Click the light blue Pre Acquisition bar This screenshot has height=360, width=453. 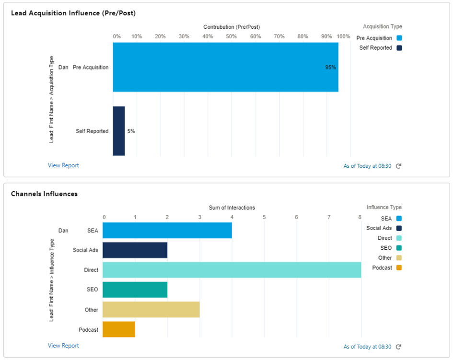[x=225, y=67]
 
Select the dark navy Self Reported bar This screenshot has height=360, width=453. [x=118, y=131]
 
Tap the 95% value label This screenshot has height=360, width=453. [x=330, y=68]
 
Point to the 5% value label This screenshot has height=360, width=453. [x=131, y=131]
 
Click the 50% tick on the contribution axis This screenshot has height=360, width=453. [x=232, y=36]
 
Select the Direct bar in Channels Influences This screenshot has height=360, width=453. [x=232, y=270]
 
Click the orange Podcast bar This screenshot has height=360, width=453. [x=118, y=330]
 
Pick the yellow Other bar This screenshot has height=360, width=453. [x=151, y=310]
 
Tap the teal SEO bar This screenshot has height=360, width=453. [x=135, y=290]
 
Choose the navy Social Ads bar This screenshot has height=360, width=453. [x=135, y=250]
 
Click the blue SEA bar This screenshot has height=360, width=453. [x=167, y=230]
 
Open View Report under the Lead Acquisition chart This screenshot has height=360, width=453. [x=63, y=165]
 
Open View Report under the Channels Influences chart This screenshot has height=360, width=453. [x=63, y=346]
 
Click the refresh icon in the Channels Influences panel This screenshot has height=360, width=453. [x=398, y=347]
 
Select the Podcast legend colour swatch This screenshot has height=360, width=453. [x=399, y=267]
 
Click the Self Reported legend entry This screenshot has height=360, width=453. [x=376, y=48]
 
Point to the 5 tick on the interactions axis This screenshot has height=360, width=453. [x=264, y=217]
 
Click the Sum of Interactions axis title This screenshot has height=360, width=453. [x=232, y=208]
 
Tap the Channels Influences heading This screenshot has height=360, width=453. [x=44, y=194]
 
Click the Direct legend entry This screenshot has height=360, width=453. [x=384, y=238]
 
